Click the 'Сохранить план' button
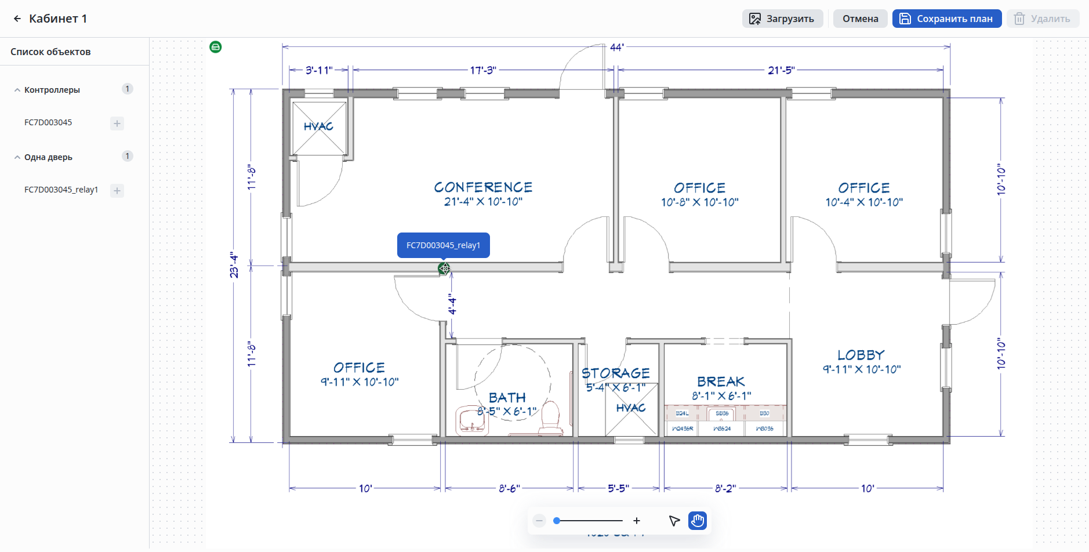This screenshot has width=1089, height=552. tap(946, 19)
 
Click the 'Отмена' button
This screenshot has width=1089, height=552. tap(860, 19)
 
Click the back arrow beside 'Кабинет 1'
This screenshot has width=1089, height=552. tap(17, 19)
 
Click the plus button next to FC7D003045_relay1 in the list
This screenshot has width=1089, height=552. tap(117, 191)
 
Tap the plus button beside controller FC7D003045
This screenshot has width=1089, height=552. tap(117, 124)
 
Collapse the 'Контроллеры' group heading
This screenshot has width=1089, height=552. tap(52, 90)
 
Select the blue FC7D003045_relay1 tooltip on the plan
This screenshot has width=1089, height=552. tap(443, 245)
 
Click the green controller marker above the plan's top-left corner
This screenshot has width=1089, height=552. tap(216, 47)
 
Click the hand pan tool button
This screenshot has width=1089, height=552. tap(697, 521)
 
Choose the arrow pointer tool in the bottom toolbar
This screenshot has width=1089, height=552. tap(674, 521)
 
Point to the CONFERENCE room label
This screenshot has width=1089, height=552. tap(483, 187)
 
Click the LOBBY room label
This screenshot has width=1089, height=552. tap(861, 355)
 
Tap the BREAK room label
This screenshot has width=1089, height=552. tap(721, 382)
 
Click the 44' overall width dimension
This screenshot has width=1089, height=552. tap(616, 47)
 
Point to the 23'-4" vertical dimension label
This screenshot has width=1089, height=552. tap(234, 264)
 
